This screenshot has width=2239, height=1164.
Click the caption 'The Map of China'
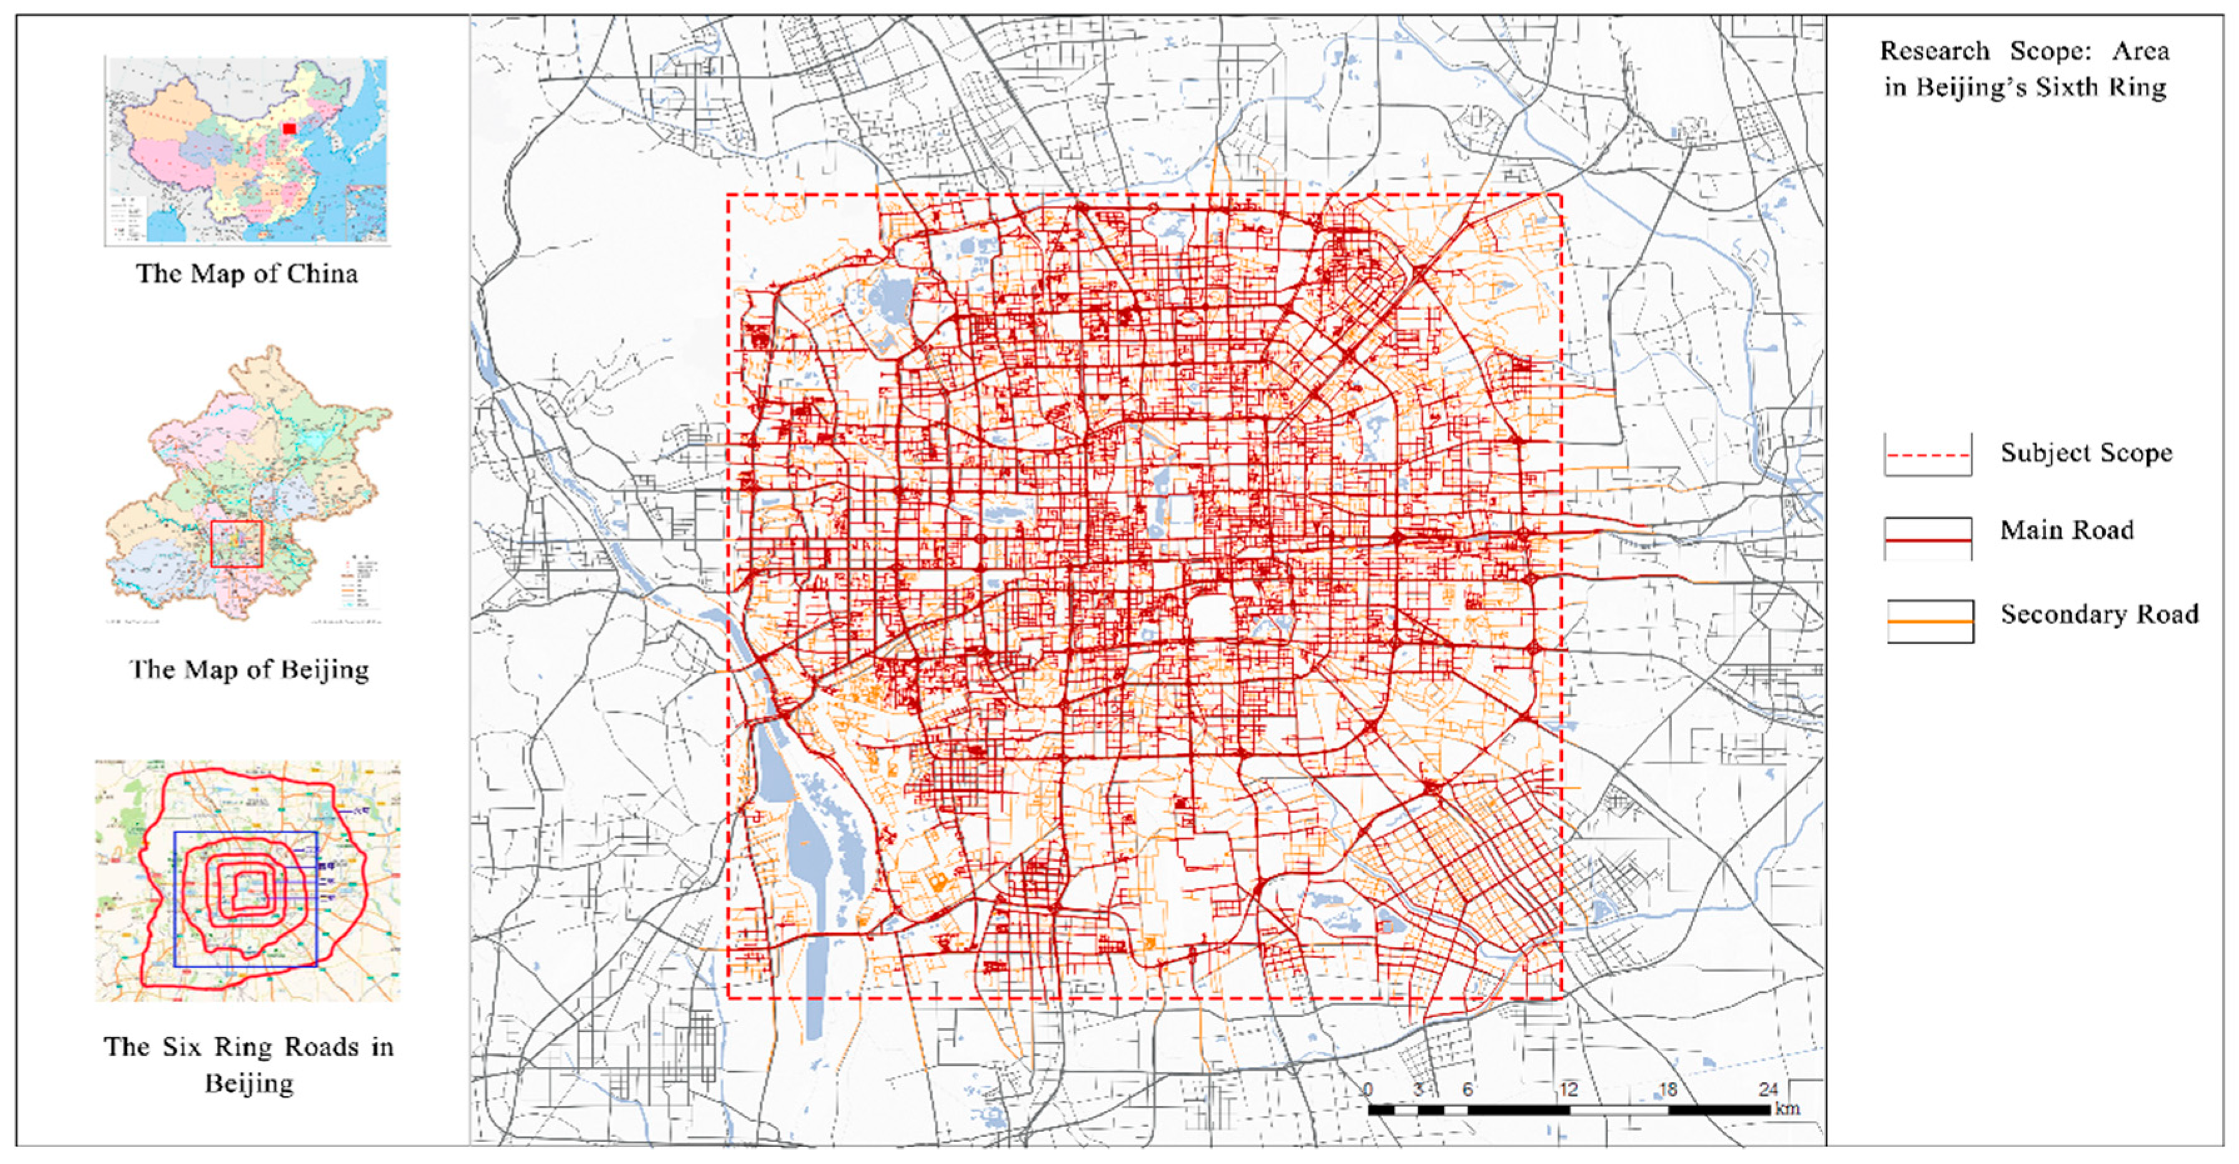[x=247, y=274]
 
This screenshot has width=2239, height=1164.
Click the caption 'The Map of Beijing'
[x=249, y=669]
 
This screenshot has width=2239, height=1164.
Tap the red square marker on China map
[x=289, y=129]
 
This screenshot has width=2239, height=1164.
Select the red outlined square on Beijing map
[x=236, y=544]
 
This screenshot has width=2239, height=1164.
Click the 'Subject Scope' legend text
[x=2086, y=453]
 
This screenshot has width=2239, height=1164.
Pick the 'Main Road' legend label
[x=2067, y=530]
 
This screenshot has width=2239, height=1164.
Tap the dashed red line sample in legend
[x=1928, y=455]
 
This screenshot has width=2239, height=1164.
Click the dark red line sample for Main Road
[x=1928, y=540]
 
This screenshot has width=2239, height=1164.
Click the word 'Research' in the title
[x=1935, y=51]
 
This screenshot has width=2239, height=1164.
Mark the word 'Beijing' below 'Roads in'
[x=249, y=1084]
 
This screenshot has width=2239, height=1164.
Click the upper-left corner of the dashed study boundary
[x=728, y=195]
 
